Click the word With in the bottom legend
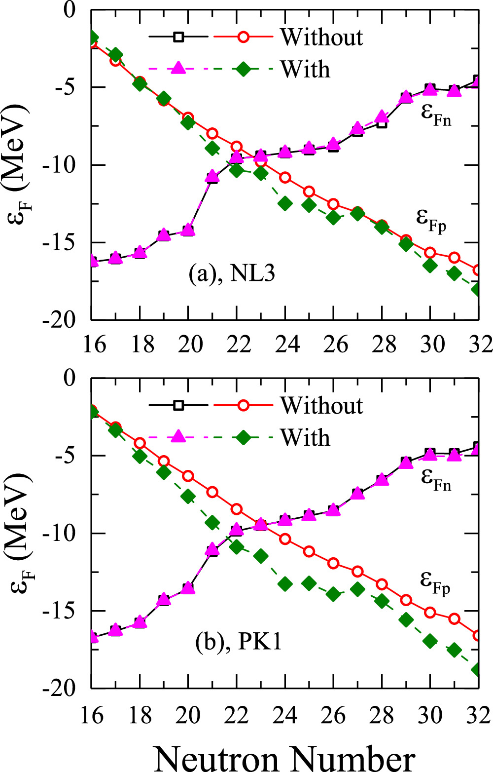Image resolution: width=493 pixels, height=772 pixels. (305, 437)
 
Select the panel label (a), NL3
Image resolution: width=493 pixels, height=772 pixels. (232, 273)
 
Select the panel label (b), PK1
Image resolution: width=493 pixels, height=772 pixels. (239, 641)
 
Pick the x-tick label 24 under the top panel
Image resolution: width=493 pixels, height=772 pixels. (284, 344)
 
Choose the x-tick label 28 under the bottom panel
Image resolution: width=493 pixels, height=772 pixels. (382, 714)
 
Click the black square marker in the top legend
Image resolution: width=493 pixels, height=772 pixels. (178, 37)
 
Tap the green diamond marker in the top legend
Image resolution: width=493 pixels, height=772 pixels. (244, 69)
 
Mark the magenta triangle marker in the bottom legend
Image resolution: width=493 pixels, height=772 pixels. (178, 437)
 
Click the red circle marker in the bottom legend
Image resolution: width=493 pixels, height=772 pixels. (244, 405)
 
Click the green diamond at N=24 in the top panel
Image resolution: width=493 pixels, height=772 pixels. (285, 203)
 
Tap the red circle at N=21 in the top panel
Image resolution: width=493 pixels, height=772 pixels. (212, 133)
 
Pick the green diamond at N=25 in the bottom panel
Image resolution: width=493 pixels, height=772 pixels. (309, 583)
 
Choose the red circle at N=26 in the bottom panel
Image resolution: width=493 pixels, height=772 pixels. (333, 563)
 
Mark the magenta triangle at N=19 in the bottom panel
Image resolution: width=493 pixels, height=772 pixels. (164, 600)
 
